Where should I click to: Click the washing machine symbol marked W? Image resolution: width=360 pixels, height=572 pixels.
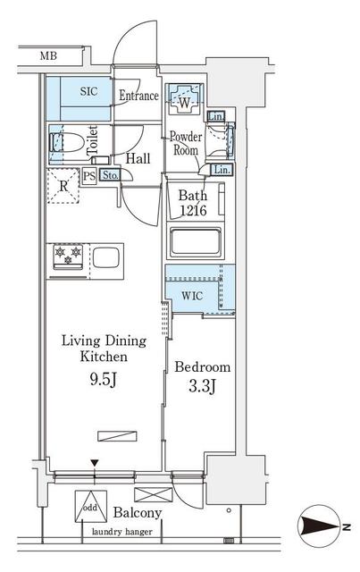point(184,101)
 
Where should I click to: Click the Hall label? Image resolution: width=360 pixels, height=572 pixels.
point(138,158)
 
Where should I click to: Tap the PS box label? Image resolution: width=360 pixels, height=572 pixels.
point(89,176)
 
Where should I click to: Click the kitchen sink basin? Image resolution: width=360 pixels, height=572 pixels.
point(105,259)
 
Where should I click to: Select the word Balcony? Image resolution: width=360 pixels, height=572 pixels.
point(137,513)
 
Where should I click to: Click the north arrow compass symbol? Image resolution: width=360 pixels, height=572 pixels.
point(318,528)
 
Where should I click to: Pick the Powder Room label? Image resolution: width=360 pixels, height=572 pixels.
point(185,144)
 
